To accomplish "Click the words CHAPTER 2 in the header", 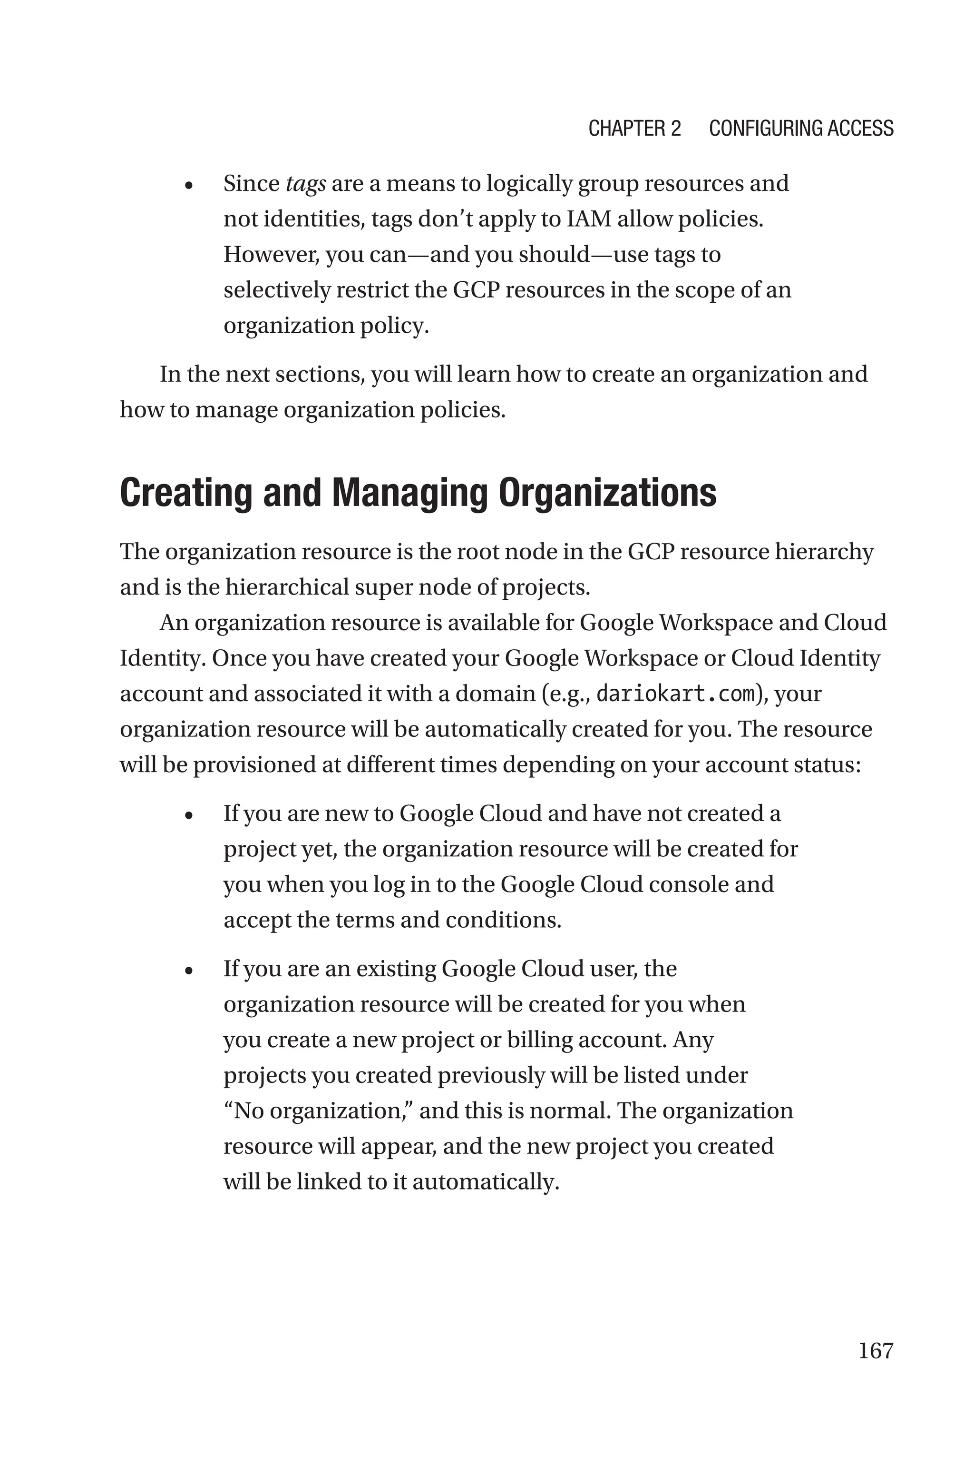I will coord(634,128).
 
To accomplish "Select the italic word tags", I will coord(306,185).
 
